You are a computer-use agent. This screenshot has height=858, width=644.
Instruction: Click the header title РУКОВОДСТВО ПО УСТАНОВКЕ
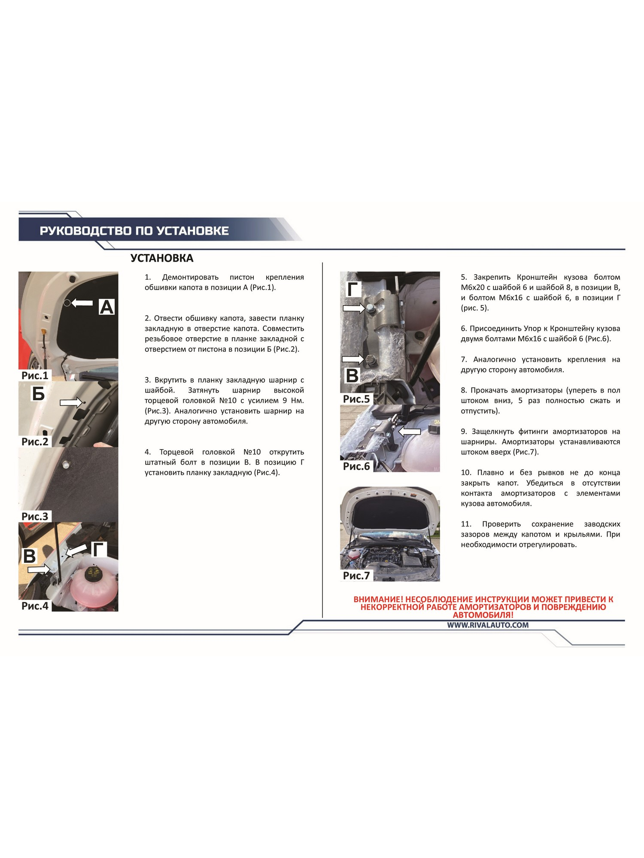pyautogui.click(x=134, y=231)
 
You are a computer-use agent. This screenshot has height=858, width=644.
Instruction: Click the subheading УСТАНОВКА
pyautogui.click(x=162, y=258)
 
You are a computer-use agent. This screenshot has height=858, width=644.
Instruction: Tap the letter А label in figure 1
pyautogui.click(x=106, y=307)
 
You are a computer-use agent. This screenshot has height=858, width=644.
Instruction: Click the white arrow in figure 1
pyautogui.click(x=82, y=303)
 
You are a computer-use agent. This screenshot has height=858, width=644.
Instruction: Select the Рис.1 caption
pyautogui.click(x=35, y=375)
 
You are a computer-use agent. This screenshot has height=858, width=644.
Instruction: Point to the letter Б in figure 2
pyautogui.click(x=38, y=393)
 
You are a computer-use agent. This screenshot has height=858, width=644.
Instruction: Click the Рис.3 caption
pyautogui.click(x=35, y=516)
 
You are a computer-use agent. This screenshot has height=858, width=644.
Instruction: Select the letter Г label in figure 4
pyautogui.click(x=100, y=549)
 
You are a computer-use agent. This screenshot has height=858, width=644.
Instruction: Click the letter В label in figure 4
pyautogui.click(x=29, y=556)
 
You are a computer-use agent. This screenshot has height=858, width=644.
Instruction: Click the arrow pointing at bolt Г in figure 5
pyautogui.click(x=354, y=308)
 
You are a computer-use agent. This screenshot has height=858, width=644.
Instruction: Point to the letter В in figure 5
pyautogui.click(x=352, y=376)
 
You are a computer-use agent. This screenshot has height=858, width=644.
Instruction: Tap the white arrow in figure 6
pyautogui.click(x=410, y=432)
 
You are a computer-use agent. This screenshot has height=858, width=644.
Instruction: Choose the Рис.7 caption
pyautogui.click(x=356, y=575)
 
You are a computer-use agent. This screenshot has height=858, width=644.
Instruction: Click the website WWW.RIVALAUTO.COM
pyautogui.click(x=488, y=625)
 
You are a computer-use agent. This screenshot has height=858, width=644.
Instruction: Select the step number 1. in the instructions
pyautogui.click(x=148, y=277)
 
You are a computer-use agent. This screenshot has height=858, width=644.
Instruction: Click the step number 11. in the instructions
pyautogui.click(x=466, y=524)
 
